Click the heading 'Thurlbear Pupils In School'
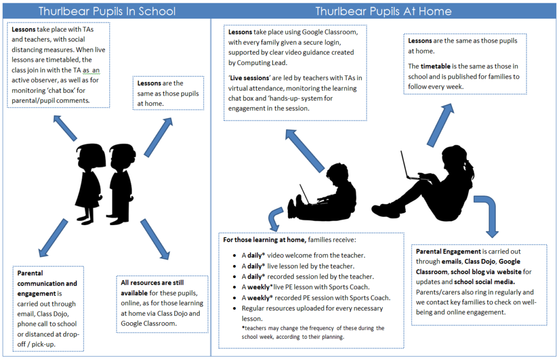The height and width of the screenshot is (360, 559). tap(107, 11)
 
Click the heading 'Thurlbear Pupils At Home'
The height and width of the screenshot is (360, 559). tap(383, 11)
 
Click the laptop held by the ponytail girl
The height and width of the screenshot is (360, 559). tap(410, 168)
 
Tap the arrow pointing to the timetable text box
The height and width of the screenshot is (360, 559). tap(441, 125)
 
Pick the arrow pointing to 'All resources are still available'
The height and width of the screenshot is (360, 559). tap(156, 239)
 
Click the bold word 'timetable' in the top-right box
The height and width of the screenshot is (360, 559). tap(435, 66)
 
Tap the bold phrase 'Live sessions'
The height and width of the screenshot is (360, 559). tap(249, 78)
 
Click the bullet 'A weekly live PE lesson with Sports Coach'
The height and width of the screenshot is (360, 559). tap(306, 287)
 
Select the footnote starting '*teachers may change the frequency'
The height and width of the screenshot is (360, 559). tap(313, 333)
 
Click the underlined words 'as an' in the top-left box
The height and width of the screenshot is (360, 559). tap(91, 70)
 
